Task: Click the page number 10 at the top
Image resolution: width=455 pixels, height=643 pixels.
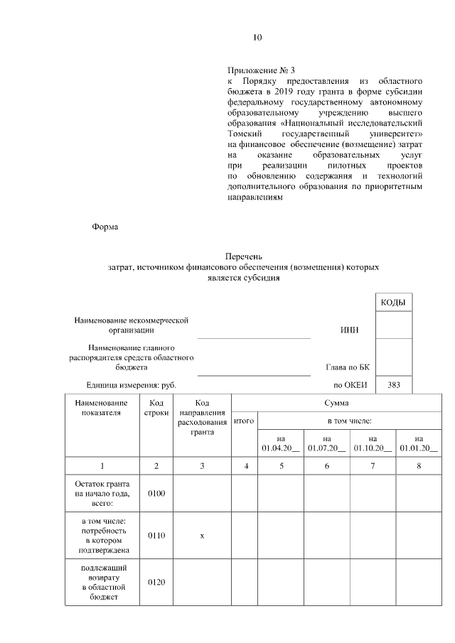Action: pyautogui.click(x=257, y=38)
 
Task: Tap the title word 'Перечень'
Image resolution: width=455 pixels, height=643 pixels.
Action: pyautogui.click(x=243, y=256)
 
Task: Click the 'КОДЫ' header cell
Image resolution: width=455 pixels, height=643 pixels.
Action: pyautogui.click(x=392, y=303)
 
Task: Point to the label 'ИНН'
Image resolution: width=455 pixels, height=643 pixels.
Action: pyautogui.click(x=350, y=330)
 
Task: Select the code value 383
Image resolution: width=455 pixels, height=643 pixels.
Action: pyautogui.click(x=393, y=385)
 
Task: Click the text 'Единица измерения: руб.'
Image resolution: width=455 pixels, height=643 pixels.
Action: pyautogui.click(x=129, y=385)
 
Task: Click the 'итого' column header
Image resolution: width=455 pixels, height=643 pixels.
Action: pyautogui.click(x=244, y=421)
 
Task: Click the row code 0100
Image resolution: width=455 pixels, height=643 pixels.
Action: pyautogui.click(x=156, y=493)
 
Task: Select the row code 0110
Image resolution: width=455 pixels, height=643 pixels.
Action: pyautogui.click(x=156, y=536)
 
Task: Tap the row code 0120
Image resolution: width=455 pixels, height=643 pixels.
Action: pyautogui.click(x=156, y=583)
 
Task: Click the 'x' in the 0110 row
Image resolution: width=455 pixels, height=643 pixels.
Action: pyautogui.click(x=202, y=536)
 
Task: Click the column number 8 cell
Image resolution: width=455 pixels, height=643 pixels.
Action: pyautogui.click(x=419, y=466)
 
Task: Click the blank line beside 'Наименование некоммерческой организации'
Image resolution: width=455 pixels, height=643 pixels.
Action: pyautogui.click(x=253, y=337)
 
